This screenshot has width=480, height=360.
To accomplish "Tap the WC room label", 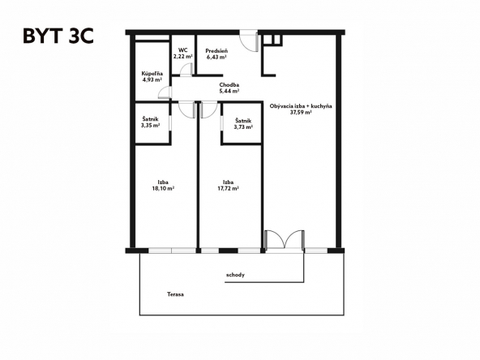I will pyautogui.click(x=183, y=50).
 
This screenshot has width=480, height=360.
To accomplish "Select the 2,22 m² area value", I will pyautogui.click(x=183, y=57).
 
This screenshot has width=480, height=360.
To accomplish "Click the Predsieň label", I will pyautogui.click(x=216, y=50).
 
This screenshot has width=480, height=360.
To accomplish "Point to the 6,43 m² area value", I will pyautogui.click(x=216, y=57).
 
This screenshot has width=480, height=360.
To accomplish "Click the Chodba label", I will pyautogui.click(x=229, y=85).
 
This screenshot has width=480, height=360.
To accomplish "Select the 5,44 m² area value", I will pyautogui.click(x=229, y=92).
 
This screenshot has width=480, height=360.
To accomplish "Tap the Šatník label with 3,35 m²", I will pyautogui.click(x=151, y=119).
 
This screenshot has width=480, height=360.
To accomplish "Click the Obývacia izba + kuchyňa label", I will pyautogui.click(x=299, y=106).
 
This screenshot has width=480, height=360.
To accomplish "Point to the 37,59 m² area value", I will pyautogui.click(x=299, y=113).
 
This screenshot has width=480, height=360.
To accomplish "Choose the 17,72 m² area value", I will pyautogui.click(x=229, y=188).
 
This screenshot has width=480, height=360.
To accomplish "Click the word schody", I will pyautogui.click(x=235, y=275).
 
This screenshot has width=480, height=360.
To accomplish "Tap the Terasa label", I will pyautogui.click(x=175, y=294).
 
